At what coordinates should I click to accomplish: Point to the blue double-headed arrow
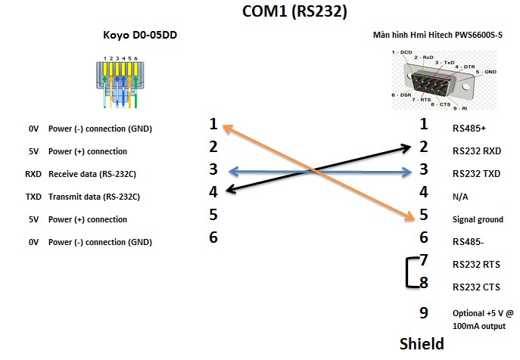(x=317, y=171)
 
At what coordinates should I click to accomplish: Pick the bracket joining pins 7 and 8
(x=409, y=274)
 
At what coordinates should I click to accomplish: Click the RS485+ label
(x=469, y=128)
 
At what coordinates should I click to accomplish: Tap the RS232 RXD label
(x=476, y=151)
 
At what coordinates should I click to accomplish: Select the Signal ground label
(x=478, y=219)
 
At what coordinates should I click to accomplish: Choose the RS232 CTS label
(x=475, y=287)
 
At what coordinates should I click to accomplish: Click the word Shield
(x=422, y=344)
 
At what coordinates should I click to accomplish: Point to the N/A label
(x=460, y=196)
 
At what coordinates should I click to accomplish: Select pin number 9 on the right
(x=424, y=312)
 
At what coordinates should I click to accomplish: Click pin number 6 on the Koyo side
(x=213, y=237)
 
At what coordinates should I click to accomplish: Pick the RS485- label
(x=467, y=242)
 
